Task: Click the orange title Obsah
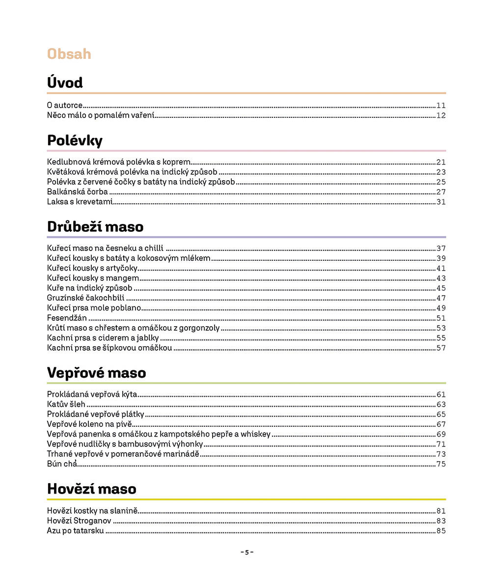click(69, 54)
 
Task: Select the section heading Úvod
click(65, 83)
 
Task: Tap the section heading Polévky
click(75, 140)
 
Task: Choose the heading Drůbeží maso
click(95, 227)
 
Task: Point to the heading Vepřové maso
click(96, 373)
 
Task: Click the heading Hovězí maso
click(91, 489)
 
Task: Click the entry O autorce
click(65, 105)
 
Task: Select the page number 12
click(440, 116)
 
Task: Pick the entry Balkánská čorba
click(78, 192)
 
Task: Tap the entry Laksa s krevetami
click(80, 202)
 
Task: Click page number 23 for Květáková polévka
click(440, 172)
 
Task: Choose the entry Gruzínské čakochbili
click(86, 298)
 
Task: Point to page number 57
click(440, 348)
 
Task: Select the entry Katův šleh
click(66, 404)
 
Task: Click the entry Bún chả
click(62, 464)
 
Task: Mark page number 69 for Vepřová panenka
click(440, 434)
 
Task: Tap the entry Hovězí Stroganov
click(79, 521)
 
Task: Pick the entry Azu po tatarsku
click(76, 531)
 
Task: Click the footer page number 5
click(246, 552)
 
